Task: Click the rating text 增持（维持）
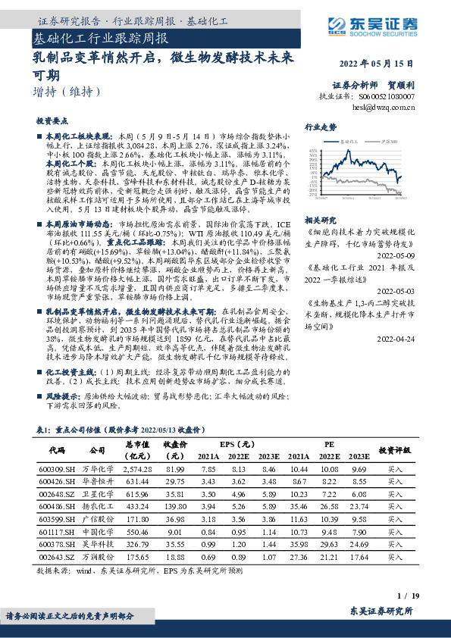click(x=67, y=92)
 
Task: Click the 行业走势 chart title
click(x=321, y=127)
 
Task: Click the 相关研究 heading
click(x=321, y=220)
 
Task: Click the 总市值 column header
click(x=139, y=444)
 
